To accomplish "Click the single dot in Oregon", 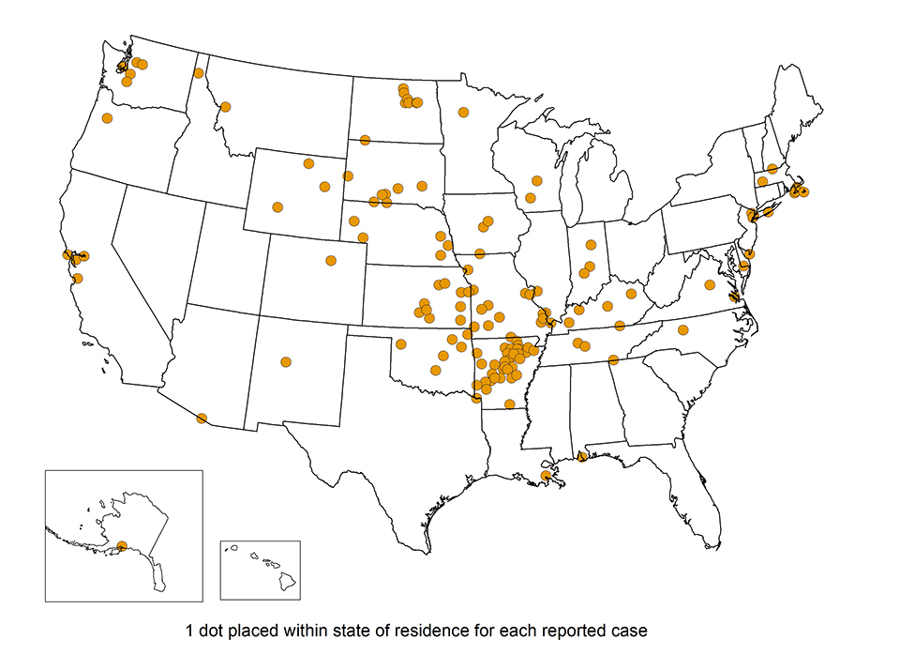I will click(107, 118).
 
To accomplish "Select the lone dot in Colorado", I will click(330, 260).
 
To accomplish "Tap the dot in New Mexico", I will click(286, 361).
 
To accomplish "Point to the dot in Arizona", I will click(202, 419).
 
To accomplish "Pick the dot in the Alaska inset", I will click(122, 545).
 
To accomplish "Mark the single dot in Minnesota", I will click(463, 112).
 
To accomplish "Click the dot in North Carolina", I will click(682, 329).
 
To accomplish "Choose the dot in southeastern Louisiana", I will click(547, 477).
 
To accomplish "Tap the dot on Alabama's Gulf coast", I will click(582, 457).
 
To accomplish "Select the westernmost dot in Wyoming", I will click(277, 207).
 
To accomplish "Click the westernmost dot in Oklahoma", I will click(401, 343).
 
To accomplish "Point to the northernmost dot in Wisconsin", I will click(536, 180).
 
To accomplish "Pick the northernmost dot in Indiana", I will click(591, 245).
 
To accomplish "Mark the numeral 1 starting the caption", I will click(190, 630).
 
